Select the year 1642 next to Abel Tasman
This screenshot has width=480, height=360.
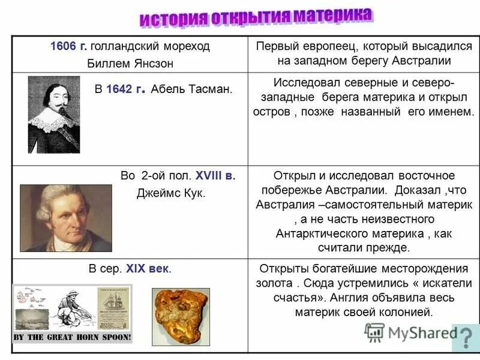[x=124, y=89]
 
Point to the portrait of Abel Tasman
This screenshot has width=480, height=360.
[x=54, y=114]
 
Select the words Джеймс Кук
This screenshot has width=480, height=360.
[x=172, y=193]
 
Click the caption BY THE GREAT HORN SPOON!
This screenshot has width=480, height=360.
[x=72, y=337]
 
